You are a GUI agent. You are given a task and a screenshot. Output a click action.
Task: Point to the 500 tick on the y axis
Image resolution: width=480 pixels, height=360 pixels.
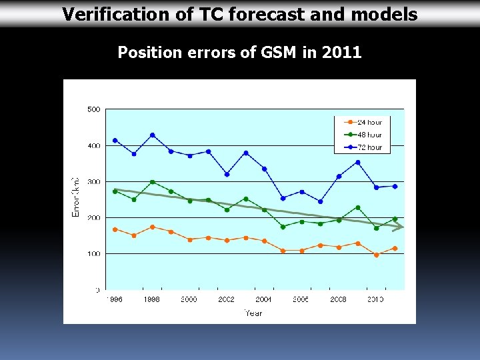[x=93, y=109]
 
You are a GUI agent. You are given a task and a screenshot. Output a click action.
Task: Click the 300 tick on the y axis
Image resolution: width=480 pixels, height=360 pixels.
[x=93, y=181]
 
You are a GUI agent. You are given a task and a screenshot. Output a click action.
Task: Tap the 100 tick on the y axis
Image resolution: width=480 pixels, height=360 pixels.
[x=93, y=254]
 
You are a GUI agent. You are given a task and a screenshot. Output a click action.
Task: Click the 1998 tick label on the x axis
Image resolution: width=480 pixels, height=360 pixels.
[x=152, y=300]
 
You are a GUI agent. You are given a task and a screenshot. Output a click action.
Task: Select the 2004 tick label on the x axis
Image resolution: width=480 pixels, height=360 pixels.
[x=263, y=300]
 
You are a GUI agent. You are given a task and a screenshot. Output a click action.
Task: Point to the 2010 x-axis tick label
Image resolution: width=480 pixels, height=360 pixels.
[x=376, y=300]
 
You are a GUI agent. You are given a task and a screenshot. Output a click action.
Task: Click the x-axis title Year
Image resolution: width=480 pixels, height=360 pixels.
[x=253, y=313]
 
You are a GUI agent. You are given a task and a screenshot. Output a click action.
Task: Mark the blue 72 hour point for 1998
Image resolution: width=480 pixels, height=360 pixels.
[x=153, y=135]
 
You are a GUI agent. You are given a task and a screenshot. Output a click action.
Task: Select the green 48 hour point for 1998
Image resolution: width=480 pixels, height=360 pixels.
[x=153, y=182]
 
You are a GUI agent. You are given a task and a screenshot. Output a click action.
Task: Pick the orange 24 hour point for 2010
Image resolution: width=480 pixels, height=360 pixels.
[x=376, y=255]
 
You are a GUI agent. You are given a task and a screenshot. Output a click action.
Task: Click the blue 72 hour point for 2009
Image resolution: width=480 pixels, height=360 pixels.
[x=357, y=162]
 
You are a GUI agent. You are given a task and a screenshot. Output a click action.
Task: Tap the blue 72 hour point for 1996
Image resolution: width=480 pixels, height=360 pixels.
[x=115, y=140]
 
